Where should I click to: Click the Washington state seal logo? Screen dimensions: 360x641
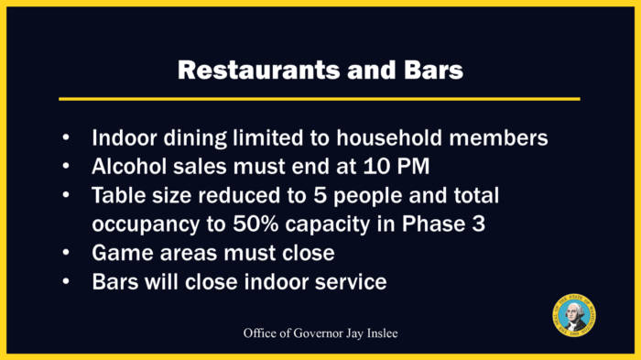click(x=574, y=317)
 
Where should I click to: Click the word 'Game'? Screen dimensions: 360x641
click(x=120, y=253)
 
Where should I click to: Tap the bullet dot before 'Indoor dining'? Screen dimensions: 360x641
click(x=66, y=138)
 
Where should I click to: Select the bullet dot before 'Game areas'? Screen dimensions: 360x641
click(x=66, y=253)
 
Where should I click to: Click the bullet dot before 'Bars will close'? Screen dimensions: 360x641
click(x=66, y=281)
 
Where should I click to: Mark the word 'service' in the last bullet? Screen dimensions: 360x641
click(x=349, y=281)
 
